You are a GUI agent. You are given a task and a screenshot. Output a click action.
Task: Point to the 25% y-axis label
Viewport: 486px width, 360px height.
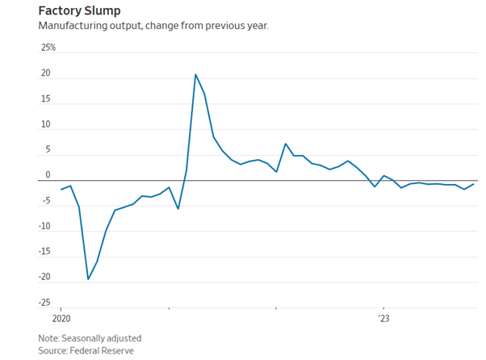pyautogui.click(x=48, y=48)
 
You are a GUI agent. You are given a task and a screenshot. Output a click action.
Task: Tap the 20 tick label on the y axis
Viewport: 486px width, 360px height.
pyautogui.click(x=46, y=73)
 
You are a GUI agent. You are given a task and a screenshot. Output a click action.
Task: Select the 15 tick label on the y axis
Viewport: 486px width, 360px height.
pyautogui.click(x=46, y=99)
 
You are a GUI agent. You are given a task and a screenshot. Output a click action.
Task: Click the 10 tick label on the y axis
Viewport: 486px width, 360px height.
pyautogui.click(x=46, y=124)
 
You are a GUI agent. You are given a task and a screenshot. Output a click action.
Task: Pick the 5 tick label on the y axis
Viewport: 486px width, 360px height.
pyautogui.click(x=48, y=150)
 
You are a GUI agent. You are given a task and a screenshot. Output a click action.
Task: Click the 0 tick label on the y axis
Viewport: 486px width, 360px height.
pyautogui.click(x=48, y=175)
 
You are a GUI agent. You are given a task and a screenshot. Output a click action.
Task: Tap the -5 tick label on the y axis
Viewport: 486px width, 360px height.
pyautogui.click(x=46, y=201)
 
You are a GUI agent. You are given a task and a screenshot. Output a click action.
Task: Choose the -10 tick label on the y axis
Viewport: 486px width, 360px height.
pyautogui.click(x=45, y=226)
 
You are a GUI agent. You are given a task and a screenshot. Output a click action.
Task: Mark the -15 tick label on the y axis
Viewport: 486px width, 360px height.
pyautogui.click(x=45, y=252)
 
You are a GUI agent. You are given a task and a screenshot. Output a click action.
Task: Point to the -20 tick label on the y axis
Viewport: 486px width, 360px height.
pyautogui.click(x=45, y=277)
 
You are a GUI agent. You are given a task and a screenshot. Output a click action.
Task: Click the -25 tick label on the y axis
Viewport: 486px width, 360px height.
pyautogui.click(x=45, y=303)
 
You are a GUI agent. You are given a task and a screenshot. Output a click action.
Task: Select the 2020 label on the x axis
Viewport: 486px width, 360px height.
pyautogui.click(x=61, y=318)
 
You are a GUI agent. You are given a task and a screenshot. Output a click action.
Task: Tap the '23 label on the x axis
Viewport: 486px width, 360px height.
pyautogui.click(x=384, y=318)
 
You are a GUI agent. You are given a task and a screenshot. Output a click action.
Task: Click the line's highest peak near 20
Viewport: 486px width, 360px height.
pyautogui.click(x=195, y=74)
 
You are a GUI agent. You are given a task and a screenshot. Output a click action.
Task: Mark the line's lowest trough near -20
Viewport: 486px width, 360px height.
pyautogui.click(x=88, y=279)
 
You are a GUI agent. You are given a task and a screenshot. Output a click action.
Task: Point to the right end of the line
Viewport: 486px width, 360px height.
pyautogui.click(x=473, y=184)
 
